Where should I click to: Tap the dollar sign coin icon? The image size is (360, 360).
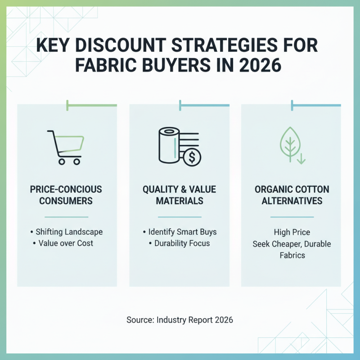(x=193, y=157)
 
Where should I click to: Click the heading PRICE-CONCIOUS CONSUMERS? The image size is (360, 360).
(x=66, y=195)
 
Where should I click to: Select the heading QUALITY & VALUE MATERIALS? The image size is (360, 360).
(x=179, y=195)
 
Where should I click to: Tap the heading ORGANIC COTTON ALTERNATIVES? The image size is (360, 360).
(x=292, y=195)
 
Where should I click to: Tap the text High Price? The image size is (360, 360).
(x=292, y=233)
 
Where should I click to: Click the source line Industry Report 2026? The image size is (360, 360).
(x=180, y=320)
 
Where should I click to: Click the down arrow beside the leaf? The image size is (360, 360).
(x=300, y=157)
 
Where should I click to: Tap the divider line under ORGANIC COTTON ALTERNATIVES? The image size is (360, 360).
(x=292, y=217)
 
